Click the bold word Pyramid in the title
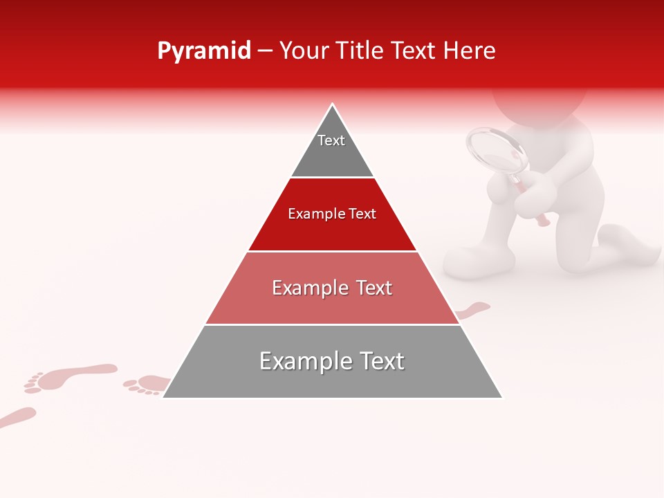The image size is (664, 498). (204, 51)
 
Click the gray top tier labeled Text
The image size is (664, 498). (332, 149)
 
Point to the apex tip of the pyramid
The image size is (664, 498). (333, 105)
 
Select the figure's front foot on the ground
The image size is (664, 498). (479, 262)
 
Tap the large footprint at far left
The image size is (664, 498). (69, 377)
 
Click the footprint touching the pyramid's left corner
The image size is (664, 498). (147, 384)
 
